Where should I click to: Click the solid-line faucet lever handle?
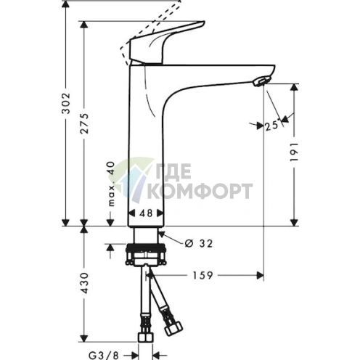tap(163, 44)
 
